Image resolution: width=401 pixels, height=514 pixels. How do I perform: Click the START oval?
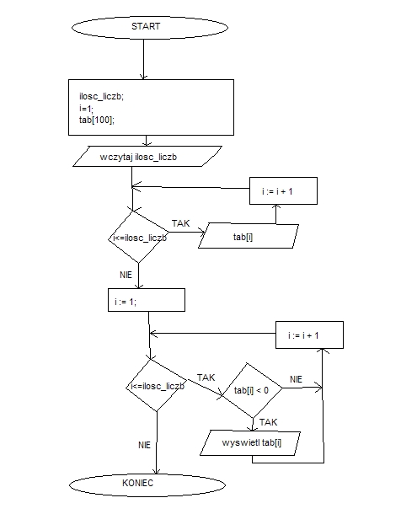(x=150, y=27)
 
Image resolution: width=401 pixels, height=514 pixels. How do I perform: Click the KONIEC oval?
(x=147, y=485)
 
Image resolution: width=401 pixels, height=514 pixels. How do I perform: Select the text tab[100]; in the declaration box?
(x=97, y=120)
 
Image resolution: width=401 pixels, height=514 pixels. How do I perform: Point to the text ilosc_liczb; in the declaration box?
(x=102, y=96)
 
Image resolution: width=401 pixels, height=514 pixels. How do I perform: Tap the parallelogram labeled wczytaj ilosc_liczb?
(x=147, y=157)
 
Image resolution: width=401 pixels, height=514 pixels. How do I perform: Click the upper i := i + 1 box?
(x=283, y=190)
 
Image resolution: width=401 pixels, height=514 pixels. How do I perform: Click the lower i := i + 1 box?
(x=310, y=335)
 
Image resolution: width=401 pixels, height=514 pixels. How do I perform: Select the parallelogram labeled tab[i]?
(x=249, y=236)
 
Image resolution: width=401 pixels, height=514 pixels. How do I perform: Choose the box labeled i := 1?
(x=147, y=300)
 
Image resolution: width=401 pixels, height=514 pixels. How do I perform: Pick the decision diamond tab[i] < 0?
(x=252, y=390)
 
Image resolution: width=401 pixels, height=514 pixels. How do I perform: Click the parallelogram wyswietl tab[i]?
(x=250, y=443)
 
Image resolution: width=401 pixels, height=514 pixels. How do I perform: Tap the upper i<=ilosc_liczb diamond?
(x=139, y=237)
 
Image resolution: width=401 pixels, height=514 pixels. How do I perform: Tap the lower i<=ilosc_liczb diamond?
(x=157, y=385)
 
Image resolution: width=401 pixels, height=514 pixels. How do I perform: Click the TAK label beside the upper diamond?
(x=181, y=223)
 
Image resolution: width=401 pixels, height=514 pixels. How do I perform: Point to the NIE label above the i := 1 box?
(x=126, y=275)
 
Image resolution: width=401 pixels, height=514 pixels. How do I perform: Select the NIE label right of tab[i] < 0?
(x=297, y=379)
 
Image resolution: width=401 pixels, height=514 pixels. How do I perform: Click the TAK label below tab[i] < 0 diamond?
(x=268, y=422)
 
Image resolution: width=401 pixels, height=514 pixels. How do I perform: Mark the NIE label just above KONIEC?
(x=144, y=445)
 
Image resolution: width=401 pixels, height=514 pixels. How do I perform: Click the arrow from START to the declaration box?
(x=143, y=59)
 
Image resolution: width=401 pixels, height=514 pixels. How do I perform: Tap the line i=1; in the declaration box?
(x=86, y=108)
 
